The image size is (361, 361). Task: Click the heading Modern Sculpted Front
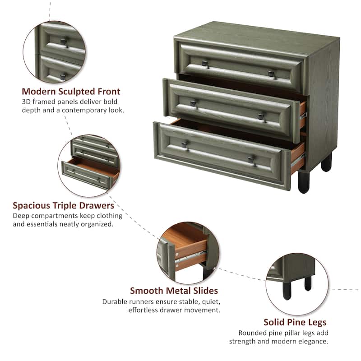point(71,92)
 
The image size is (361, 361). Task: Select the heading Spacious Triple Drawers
point(63,205)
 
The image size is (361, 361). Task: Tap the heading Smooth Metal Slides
point(174,291)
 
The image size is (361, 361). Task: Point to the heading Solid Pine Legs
point(295,322)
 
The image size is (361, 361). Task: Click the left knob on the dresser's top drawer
point(205,64)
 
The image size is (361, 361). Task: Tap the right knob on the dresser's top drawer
point(272,74)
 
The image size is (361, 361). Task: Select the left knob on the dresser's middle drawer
point(194,104)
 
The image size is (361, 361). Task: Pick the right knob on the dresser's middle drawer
point(261,117)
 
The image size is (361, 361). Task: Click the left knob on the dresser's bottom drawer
point(185,145)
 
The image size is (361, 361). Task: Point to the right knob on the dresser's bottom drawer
point(251,160)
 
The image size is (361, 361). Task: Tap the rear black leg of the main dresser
point(326,162)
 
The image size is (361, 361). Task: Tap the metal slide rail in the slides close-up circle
point(190,257)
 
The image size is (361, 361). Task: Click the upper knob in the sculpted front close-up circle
point(64,42)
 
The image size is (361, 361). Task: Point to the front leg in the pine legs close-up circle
point(287,291)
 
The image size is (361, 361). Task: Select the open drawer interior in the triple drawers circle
point(94,166)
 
